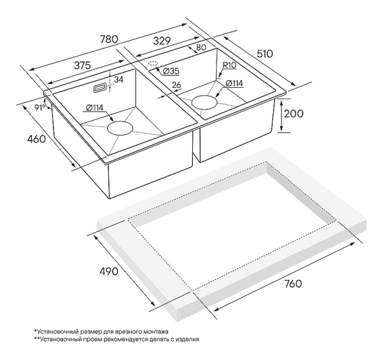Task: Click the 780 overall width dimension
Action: point(109,39)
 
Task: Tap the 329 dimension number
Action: point(162,41)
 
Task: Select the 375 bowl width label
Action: point(82,66)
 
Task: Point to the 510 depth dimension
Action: point(265,54)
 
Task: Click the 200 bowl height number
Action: point(294,114)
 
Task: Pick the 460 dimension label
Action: point(36,139)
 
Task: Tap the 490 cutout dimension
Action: point(109,271)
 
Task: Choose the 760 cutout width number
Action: point(293,284)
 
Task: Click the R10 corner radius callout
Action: point(229,66)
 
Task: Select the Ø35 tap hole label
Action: point(171,71)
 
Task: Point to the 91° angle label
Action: point(39,107)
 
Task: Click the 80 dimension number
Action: point(201,48)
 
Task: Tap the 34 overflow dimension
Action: point(118,80)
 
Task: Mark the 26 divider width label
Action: point(176,85)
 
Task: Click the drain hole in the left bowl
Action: point(120,128)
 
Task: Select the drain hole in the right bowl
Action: point(204,102)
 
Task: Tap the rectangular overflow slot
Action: point(100,88)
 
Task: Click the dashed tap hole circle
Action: point(153,63)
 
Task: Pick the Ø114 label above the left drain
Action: point(95,107)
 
